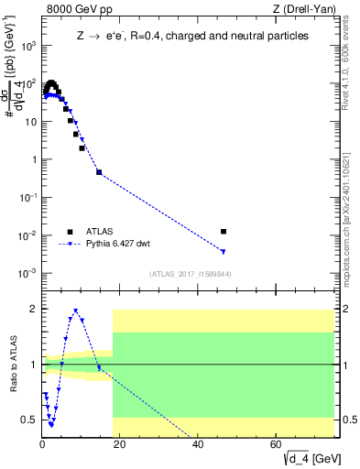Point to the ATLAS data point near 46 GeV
tap(224, 232)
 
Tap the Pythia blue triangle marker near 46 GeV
tap(224, 251)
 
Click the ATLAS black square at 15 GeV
tap(99, 172)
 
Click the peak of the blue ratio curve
tap(75, 311)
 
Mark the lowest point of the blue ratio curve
tap(51, 425)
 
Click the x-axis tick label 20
tap(119, 444)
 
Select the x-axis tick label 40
tap(197, 444)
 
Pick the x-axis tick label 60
tap(275, 444)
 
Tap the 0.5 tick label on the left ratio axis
tap(29, 420)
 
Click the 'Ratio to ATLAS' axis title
tap(12, 364)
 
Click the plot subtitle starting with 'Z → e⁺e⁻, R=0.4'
tap(191, 36)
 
